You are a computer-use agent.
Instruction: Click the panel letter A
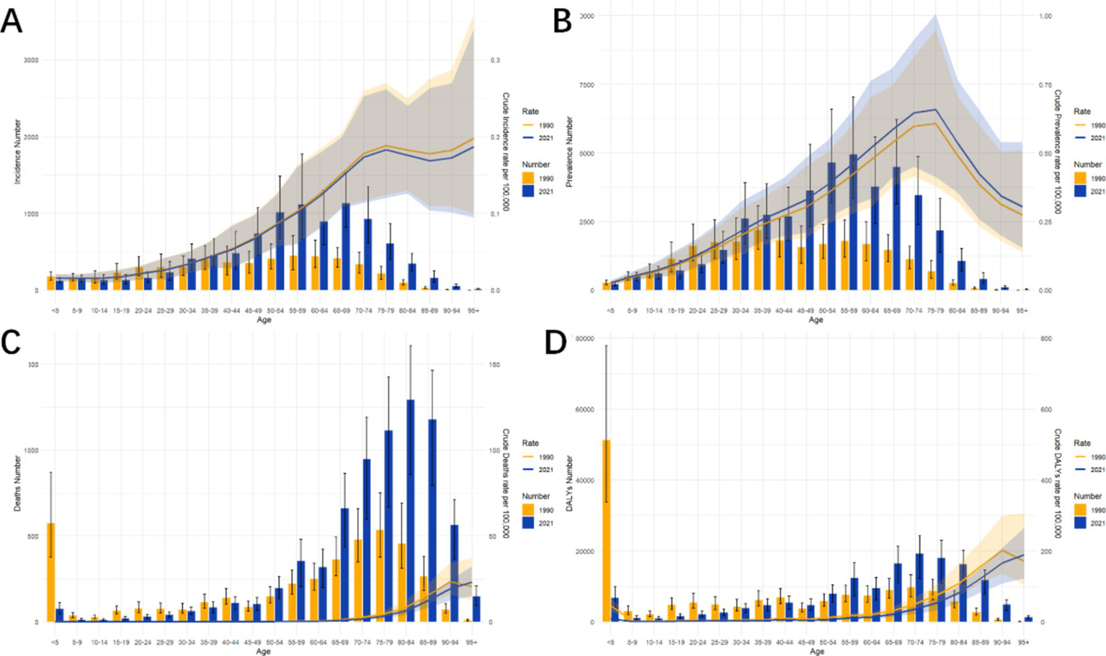12,21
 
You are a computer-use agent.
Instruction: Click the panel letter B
562,21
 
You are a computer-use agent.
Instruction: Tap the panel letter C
11,342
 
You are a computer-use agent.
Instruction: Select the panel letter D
556,342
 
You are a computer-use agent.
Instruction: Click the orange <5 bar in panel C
50,572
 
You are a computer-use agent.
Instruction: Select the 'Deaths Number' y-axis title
17,483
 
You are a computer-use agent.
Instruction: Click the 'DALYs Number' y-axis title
568,483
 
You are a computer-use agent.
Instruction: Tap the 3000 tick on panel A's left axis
31,60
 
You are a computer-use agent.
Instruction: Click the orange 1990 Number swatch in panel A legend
528,178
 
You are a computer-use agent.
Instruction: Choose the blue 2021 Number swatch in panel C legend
528,523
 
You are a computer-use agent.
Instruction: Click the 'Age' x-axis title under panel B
816,320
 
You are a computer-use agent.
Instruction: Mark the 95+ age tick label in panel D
1023,642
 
